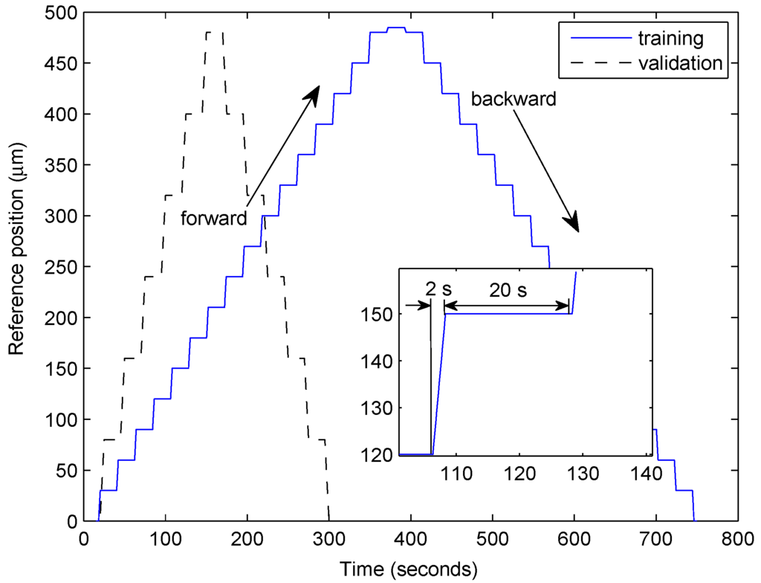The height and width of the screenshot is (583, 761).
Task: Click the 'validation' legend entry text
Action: (x=679, y=62)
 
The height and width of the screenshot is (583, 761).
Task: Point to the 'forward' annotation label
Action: (x=213, y=219)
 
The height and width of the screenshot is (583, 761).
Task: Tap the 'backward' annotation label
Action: (x=514, y=99)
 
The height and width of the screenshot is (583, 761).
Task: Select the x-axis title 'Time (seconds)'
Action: (x=409, y=570)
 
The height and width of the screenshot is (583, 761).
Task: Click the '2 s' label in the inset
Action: (x=438, y=289)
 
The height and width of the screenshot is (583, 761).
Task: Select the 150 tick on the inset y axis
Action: (x=379, y=314)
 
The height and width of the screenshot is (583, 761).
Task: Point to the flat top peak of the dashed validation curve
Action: (x=213, y=33)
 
